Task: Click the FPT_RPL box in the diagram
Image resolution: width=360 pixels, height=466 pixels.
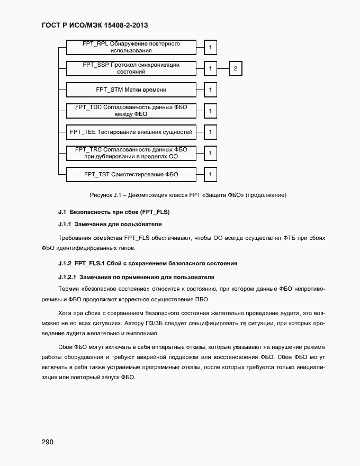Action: (x=131, y=47)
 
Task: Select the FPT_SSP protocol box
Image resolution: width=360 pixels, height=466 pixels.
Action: (x=131, y=68)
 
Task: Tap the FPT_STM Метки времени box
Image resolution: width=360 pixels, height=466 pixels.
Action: (x=131, y=89)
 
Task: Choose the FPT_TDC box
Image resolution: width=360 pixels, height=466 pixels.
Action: (x=131, y=111)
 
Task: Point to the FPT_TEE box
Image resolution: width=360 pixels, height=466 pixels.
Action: (x=131, y=131)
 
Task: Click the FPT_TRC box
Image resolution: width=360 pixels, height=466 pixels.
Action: (x=131, y=153)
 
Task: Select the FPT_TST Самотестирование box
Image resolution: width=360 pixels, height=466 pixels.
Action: (x=131, y=174)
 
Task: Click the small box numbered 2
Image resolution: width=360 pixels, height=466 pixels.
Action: (x=236, y=68)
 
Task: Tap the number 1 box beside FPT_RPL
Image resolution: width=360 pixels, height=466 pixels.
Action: (x=210, y=48)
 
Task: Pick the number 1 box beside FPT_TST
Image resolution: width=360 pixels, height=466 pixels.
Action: (x=210, y=174)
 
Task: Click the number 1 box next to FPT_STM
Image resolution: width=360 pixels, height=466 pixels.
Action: (x=210, y=89)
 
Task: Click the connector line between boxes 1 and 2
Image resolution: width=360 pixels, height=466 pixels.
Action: (x=223, y=68)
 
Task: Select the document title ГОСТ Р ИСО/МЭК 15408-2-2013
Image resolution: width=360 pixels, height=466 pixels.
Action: (x=97, y=25)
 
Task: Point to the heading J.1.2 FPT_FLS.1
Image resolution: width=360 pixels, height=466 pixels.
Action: (x=147, y=263)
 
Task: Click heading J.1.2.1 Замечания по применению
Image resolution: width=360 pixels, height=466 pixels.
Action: (x=136, y=277)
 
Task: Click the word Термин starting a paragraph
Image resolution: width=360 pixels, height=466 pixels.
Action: (x=69, y=289)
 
